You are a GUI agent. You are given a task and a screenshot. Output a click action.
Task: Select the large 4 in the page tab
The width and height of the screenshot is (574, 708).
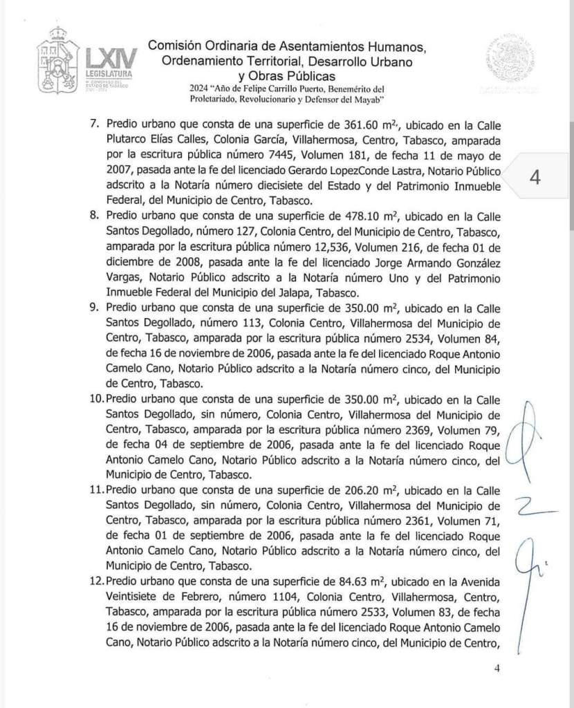pyautogui.click(x=534, y=177)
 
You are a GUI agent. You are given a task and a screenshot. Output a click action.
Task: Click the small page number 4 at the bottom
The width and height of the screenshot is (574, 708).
pyautogui.click(x=496, y=669)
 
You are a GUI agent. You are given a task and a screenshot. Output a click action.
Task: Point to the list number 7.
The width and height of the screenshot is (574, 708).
pyautogui.click(x=94, y=124)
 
